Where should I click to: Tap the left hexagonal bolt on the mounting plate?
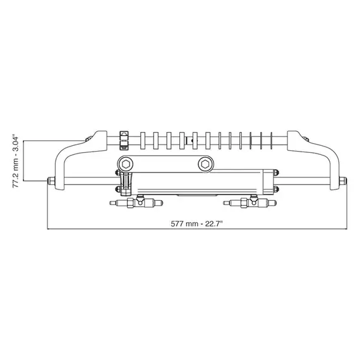coord(126,164)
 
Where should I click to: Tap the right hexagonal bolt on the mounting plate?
coord(204,164)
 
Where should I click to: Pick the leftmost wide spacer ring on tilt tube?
coord(144,140)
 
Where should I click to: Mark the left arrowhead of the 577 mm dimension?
coord(50,228)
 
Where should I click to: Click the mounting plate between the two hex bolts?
coord(165,164)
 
